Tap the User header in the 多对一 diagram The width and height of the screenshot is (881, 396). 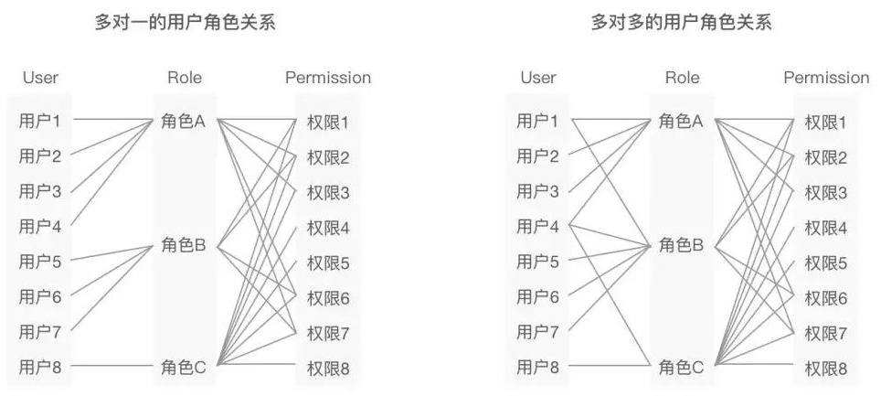tap(40, 78)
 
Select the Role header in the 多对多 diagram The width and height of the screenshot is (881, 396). tap(682, 78)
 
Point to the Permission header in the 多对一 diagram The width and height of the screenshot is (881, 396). tap(328, 78)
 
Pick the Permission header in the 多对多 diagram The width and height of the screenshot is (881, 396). tap(826, 78)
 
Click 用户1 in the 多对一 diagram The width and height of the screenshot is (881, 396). tap(40, 120)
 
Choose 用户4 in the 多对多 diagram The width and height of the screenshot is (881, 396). tap(537, 226)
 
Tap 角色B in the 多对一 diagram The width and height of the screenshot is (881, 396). tap(184, 244)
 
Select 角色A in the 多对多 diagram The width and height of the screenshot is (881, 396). tap(681, 121)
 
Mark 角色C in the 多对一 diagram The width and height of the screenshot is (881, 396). tap(184, 368)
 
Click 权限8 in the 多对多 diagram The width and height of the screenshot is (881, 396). tap(825, 369)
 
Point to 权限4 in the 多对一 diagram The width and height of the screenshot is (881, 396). tap(328, 228)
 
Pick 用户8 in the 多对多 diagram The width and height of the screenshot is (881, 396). tap(537, 368)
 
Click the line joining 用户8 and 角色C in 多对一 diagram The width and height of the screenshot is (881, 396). tap(110, 366)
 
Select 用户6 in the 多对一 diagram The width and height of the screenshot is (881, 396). tap(40, 296)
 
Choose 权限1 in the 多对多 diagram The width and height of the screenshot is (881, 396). tap(825, 122)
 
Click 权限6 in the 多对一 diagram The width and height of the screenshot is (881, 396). tap(328, 298)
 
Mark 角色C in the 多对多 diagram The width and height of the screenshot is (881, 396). tap(681, 368)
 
